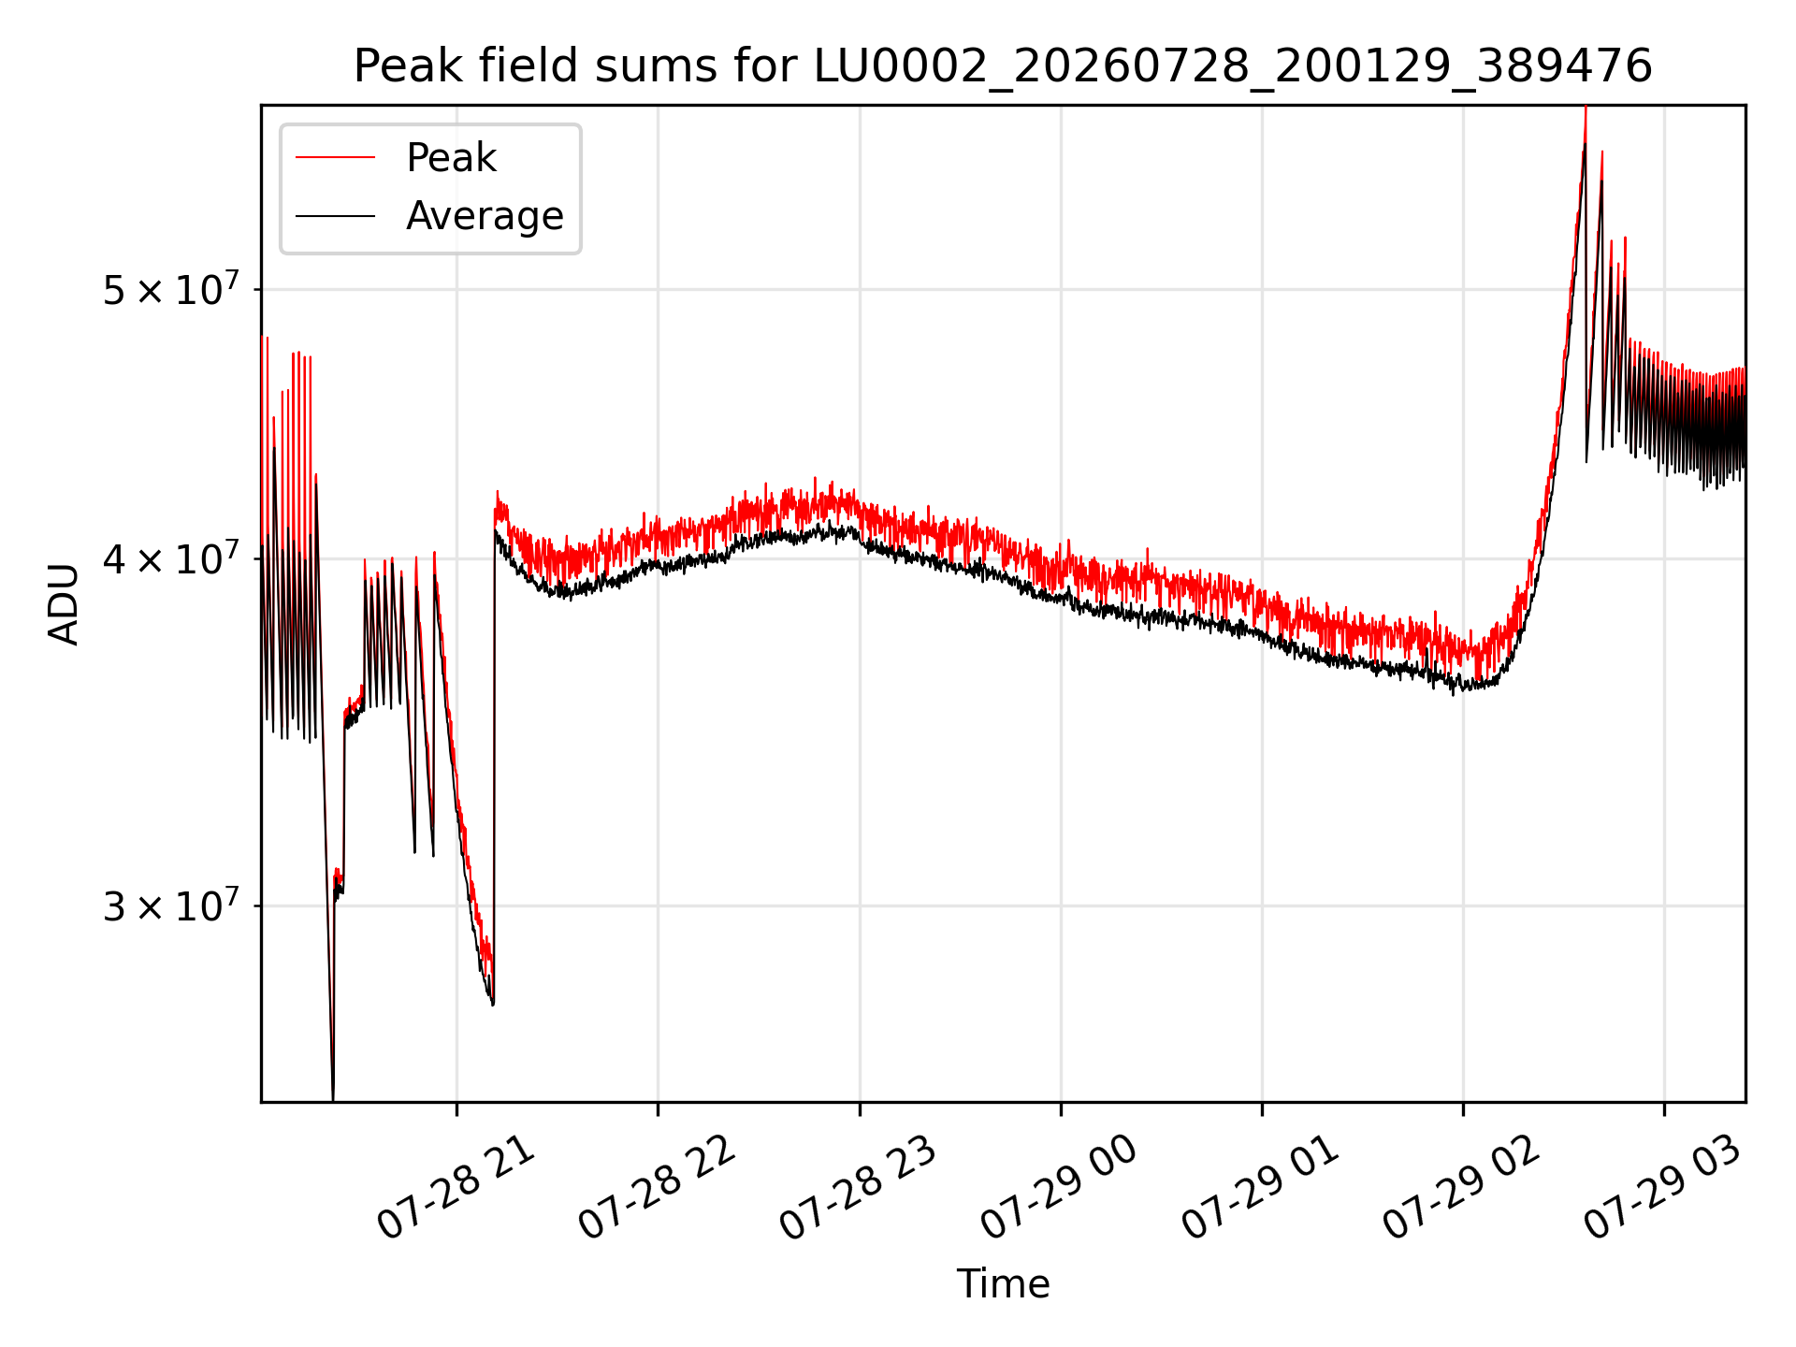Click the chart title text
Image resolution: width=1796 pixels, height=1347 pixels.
pos(1003,66)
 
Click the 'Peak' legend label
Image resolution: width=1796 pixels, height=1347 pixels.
pos(451,158)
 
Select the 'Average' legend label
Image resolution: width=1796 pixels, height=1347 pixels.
pos(485,216)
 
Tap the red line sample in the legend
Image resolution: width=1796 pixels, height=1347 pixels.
pos(336,158)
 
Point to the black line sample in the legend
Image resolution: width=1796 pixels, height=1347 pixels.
pos(336,216)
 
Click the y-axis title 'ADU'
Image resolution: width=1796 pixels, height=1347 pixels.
pos(65,604)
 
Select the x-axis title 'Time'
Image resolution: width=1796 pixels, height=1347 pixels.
pos(1003,1283)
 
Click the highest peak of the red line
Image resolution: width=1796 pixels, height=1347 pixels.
pos(1586,108)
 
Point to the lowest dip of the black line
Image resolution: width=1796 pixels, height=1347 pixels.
pos(332,1099)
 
